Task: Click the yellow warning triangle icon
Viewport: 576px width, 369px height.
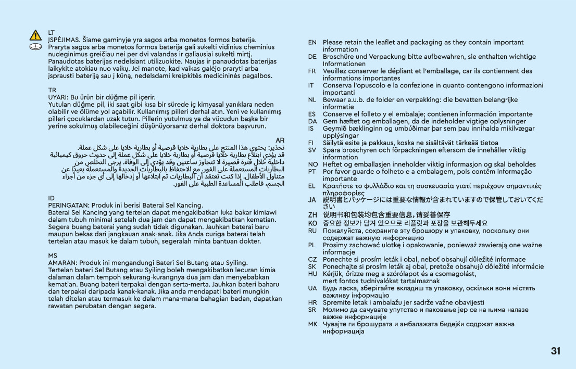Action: pos(35,35)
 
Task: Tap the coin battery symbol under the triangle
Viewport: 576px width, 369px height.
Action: pos(35,47)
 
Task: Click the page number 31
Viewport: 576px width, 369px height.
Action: pos(556,351)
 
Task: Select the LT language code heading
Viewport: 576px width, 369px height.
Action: pos(52,32)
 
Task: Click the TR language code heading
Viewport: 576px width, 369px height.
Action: pos(52,90)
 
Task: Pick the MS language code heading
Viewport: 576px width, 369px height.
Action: pos(53,256)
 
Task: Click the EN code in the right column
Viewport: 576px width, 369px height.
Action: pos(312,42)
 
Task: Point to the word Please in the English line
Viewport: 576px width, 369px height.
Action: pos(333,42)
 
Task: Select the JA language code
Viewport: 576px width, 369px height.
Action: pos(312,199)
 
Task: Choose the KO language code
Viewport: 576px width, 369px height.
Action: pos(312,223)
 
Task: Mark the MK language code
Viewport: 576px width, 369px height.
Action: pos(312,324)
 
